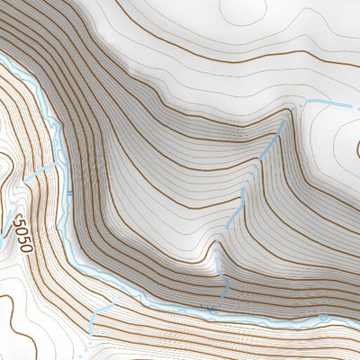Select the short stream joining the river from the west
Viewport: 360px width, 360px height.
click(40, 171)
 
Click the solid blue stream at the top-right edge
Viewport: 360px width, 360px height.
click(333, 105)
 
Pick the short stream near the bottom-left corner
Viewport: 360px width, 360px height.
click(101, 315)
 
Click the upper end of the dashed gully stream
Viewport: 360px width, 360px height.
click(290, 112)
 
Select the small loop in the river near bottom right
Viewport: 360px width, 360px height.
click(212, 310)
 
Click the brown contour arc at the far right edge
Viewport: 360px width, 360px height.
click(355, 148)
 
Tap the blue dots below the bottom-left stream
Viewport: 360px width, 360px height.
click(89, 342)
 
